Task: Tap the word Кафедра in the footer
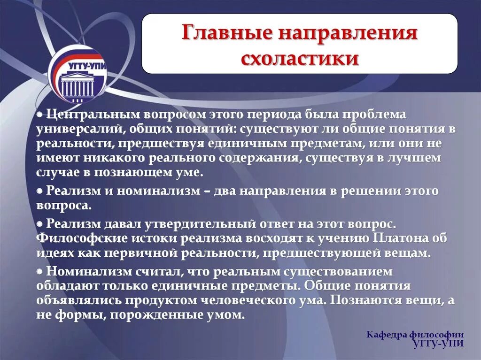[388, 335]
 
